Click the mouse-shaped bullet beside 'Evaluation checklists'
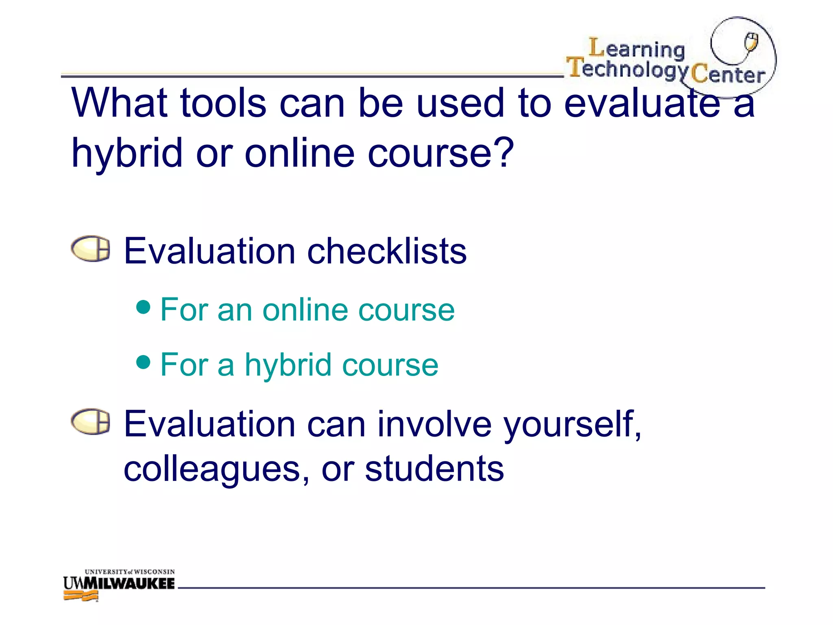point(90,249)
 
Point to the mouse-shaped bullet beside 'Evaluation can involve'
point(90,422)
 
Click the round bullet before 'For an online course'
point(144,307)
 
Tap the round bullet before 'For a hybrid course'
point(144,361)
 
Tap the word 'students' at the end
point(434,469)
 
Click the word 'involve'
point(434,424)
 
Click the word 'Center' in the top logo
point(728,74)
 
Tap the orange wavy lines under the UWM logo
point(81,596)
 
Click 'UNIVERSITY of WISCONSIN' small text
point(130,572)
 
